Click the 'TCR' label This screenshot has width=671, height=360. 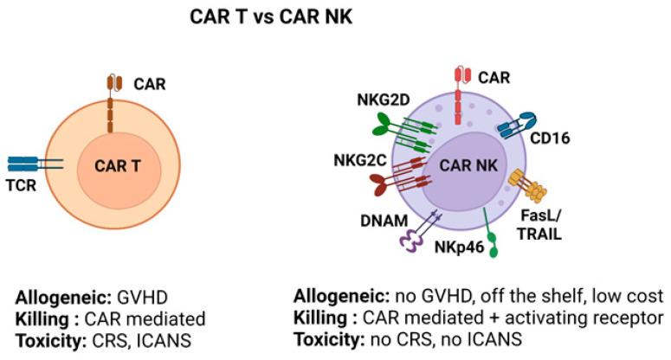21,184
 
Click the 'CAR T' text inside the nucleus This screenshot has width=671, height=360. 116,165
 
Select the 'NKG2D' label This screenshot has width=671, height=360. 377,100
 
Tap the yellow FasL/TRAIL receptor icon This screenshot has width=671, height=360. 524,184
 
